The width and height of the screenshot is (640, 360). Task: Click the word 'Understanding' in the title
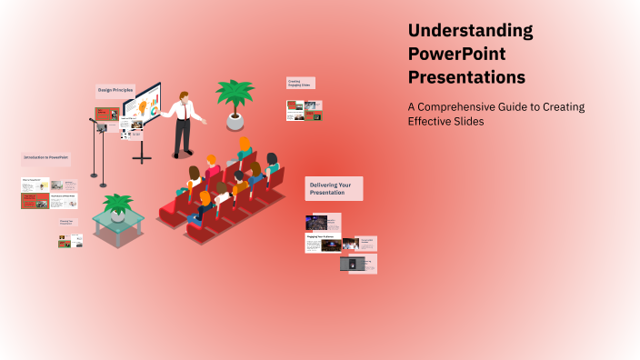click(x=470, y=31)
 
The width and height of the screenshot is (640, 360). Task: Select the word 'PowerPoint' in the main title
click(x=456, y=55)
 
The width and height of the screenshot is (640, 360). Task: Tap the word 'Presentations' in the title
click(x=466, y=77)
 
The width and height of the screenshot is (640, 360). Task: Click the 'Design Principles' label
click(x=115, y=90)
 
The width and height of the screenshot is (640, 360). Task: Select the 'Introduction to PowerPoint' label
click(x=45, y=157)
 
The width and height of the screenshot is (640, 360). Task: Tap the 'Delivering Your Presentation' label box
click(x=334, y=188)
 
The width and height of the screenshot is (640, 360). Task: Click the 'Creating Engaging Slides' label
click(x=300, y=83)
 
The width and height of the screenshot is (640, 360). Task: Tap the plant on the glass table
click(x=117, y=206)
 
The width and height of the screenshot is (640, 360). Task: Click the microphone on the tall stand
click(x=92, y=119)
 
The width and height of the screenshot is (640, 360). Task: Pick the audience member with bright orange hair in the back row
click(x=245, y=144)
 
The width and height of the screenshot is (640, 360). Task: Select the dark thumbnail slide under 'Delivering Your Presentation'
click(x=316, y=222)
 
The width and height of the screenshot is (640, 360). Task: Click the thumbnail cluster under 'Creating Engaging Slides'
click(x=305, y=111)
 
